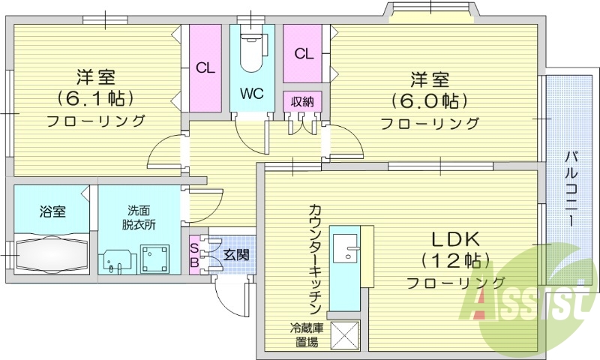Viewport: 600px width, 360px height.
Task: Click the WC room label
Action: [x=250, y=94]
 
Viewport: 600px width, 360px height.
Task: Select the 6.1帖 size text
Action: [x=94, y=98]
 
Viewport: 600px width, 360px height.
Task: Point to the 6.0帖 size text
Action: [x=429, y=100]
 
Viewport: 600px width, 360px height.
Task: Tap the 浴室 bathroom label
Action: [x=52, y=211]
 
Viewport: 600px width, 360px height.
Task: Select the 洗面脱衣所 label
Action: [x=139, y=217]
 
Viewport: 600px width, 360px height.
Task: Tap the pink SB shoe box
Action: [x=194, y=254]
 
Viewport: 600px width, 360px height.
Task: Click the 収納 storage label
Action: [x=302, y=101]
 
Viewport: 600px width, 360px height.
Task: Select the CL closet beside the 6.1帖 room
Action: [x=205, y=67]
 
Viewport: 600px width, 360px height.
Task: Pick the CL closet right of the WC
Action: [x=303, y=53]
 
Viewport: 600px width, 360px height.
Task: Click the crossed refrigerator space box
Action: [x=346, y=334]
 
